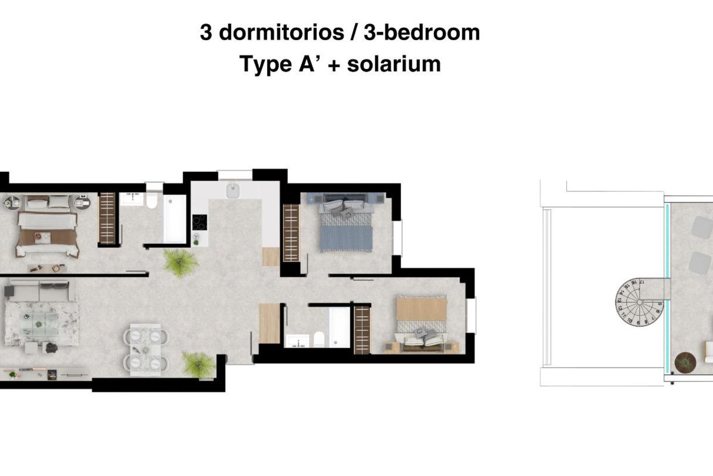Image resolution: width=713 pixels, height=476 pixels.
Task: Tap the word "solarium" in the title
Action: [x=394, y=64]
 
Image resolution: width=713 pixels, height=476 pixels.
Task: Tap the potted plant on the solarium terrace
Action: [x=685, y=362]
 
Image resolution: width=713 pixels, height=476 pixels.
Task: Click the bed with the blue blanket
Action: [x=346, y=227]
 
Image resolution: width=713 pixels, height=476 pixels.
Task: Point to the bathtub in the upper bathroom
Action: [x=175, y=219]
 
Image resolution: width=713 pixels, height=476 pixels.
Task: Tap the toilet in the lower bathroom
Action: [x=319, y=339]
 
